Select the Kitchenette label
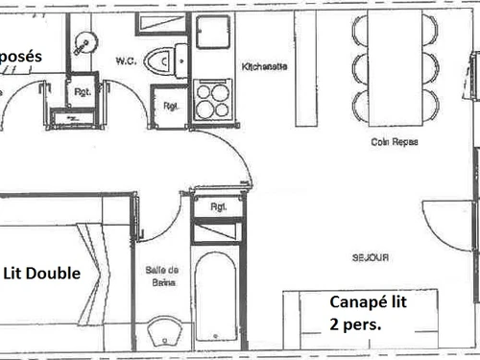260,67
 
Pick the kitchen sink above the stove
212,31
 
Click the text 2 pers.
355,324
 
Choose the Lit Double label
41,274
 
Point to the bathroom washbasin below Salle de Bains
165,333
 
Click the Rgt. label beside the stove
170,106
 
